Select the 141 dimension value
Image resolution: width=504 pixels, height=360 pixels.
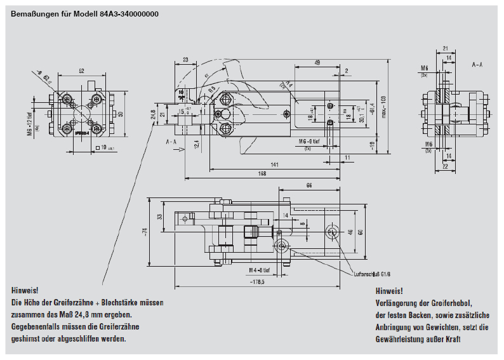coord(275,164)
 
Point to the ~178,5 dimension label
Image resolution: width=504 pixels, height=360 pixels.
coord(257,281)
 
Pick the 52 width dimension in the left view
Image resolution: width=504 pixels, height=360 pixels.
coord(83,70)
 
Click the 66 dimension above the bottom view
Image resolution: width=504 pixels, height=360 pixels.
coord(308,185)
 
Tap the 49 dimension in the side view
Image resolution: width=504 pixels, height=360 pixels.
coord(316,62)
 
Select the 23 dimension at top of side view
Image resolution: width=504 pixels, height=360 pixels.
coord(185,60)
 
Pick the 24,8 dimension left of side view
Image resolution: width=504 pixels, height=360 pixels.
coord(153,114)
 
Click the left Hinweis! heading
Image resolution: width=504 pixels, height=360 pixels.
coord(25,290)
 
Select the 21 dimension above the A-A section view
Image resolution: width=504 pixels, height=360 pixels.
coord(446,48)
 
